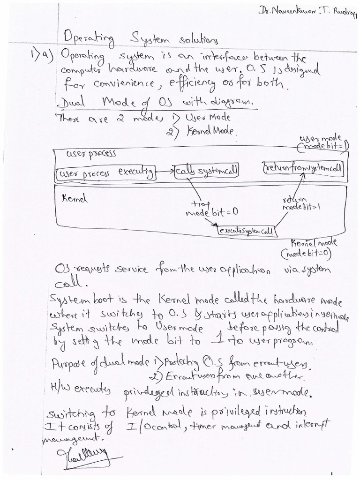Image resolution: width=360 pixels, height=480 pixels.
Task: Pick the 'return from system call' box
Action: pyautogui.click(x=302, y=167)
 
